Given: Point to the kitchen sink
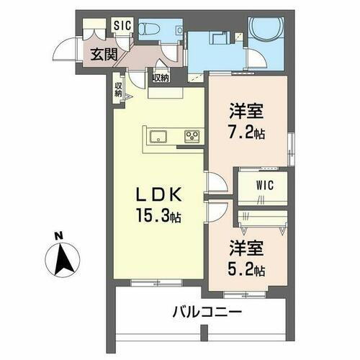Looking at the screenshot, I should coord(158,137).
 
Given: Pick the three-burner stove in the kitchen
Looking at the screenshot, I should coord(192,136).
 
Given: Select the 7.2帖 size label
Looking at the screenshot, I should coord(247,133).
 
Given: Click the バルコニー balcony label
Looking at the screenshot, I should coord(206,313).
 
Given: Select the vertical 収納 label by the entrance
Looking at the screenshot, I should coord(118,89).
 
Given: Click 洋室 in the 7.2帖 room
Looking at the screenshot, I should coord(247,112).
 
